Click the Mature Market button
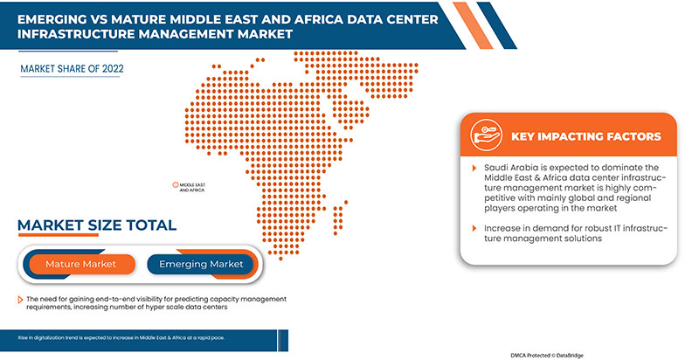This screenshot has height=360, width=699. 80,264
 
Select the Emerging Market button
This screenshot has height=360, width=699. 200,264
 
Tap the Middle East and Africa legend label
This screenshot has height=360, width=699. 191,187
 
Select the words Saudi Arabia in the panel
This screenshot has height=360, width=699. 509,166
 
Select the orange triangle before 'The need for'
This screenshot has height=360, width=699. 20,300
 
